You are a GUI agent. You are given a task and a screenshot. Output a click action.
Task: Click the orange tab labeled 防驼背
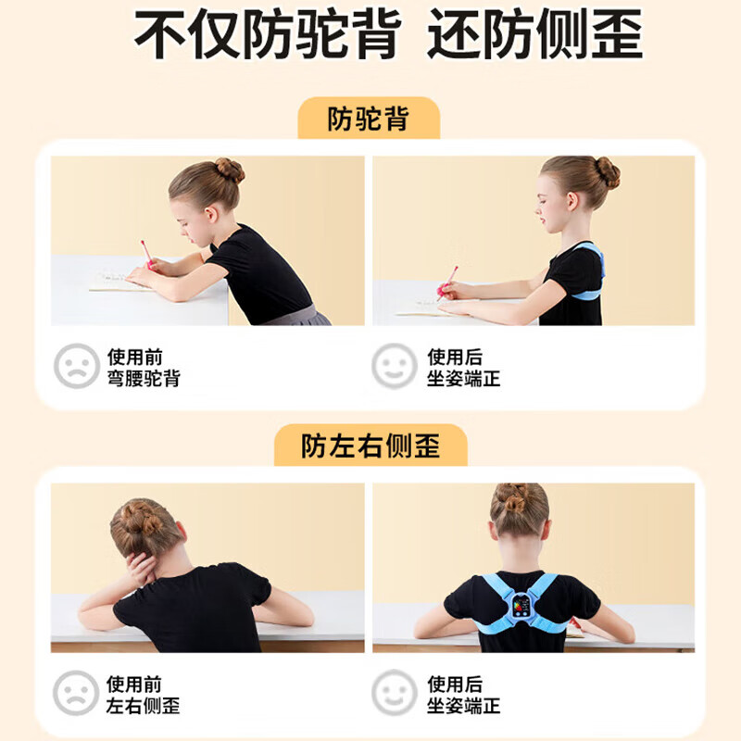pos(369,119)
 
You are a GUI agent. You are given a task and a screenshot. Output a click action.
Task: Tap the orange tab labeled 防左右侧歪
pos(371,446)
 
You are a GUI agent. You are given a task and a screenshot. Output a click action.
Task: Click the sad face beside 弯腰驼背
pos(77,366)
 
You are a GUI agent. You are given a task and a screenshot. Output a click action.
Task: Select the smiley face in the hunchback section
pos(395,366)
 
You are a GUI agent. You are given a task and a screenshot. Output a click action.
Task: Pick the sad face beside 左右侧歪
pos(76,693)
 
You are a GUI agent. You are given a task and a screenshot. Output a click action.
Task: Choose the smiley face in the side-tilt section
pos(395,693)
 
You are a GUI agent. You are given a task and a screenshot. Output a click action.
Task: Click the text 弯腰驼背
pos(144,379)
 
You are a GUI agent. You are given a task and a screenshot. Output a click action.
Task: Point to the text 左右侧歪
pos(144,706)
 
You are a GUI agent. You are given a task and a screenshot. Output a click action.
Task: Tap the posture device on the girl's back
pos(521,606)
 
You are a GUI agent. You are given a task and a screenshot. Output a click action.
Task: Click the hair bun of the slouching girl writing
pos(230,170)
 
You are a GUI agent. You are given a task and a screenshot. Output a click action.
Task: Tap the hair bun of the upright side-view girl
pos(608,172)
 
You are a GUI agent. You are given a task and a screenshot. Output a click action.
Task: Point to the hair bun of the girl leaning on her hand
pos(138,519)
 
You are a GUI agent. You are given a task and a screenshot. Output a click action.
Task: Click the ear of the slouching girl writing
pos(211,215)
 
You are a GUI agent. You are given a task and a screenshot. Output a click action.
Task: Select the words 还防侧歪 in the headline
pos(534,34)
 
